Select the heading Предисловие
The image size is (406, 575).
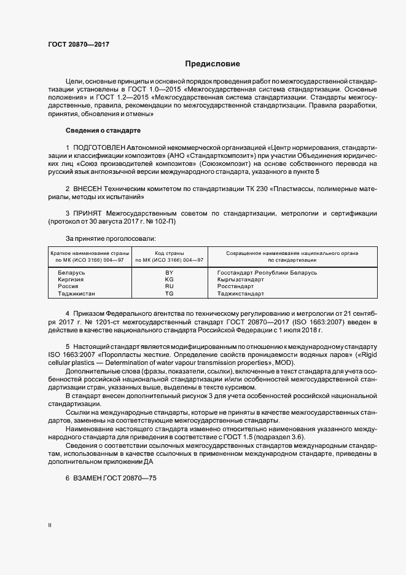213,64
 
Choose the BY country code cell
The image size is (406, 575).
170,272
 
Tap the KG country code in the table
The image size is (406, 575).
170,279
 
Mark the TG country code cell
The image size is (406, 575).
170,294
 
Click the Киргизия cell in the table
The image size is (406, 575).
71,279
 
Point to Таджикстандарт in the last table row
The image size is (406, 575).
241,294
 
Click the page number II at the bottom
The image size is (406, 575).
50,525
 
